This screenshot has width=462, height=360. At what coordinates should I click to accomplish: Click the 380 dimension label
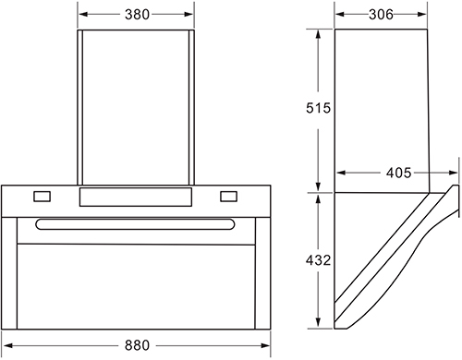click(137, 15)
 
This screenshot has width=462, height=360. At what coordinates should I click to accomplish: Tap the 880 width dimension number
click(137, 345)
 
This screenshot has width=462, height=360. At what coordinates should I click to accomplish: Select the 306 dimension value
click(381, 15)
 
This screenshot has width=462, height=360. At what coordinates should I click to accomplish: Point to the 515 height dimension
click(318, 108)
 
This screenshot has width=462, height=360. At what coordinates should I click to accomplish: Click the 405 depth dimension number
click(398, 173)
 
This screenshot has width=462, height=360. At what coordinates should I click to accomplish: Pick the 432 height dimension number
click(318, 260)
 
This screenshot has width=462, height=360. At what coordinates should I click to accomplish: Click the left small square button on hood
click(42, 197)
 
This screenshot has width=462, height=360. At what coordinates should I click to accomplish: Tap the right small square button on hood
click(228, 197)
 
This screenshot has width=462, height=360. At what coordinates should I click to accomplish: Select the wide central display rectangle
click(136, 197)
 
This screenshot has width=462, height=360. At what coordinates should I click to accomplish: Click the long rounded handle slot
click(135, 224)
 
